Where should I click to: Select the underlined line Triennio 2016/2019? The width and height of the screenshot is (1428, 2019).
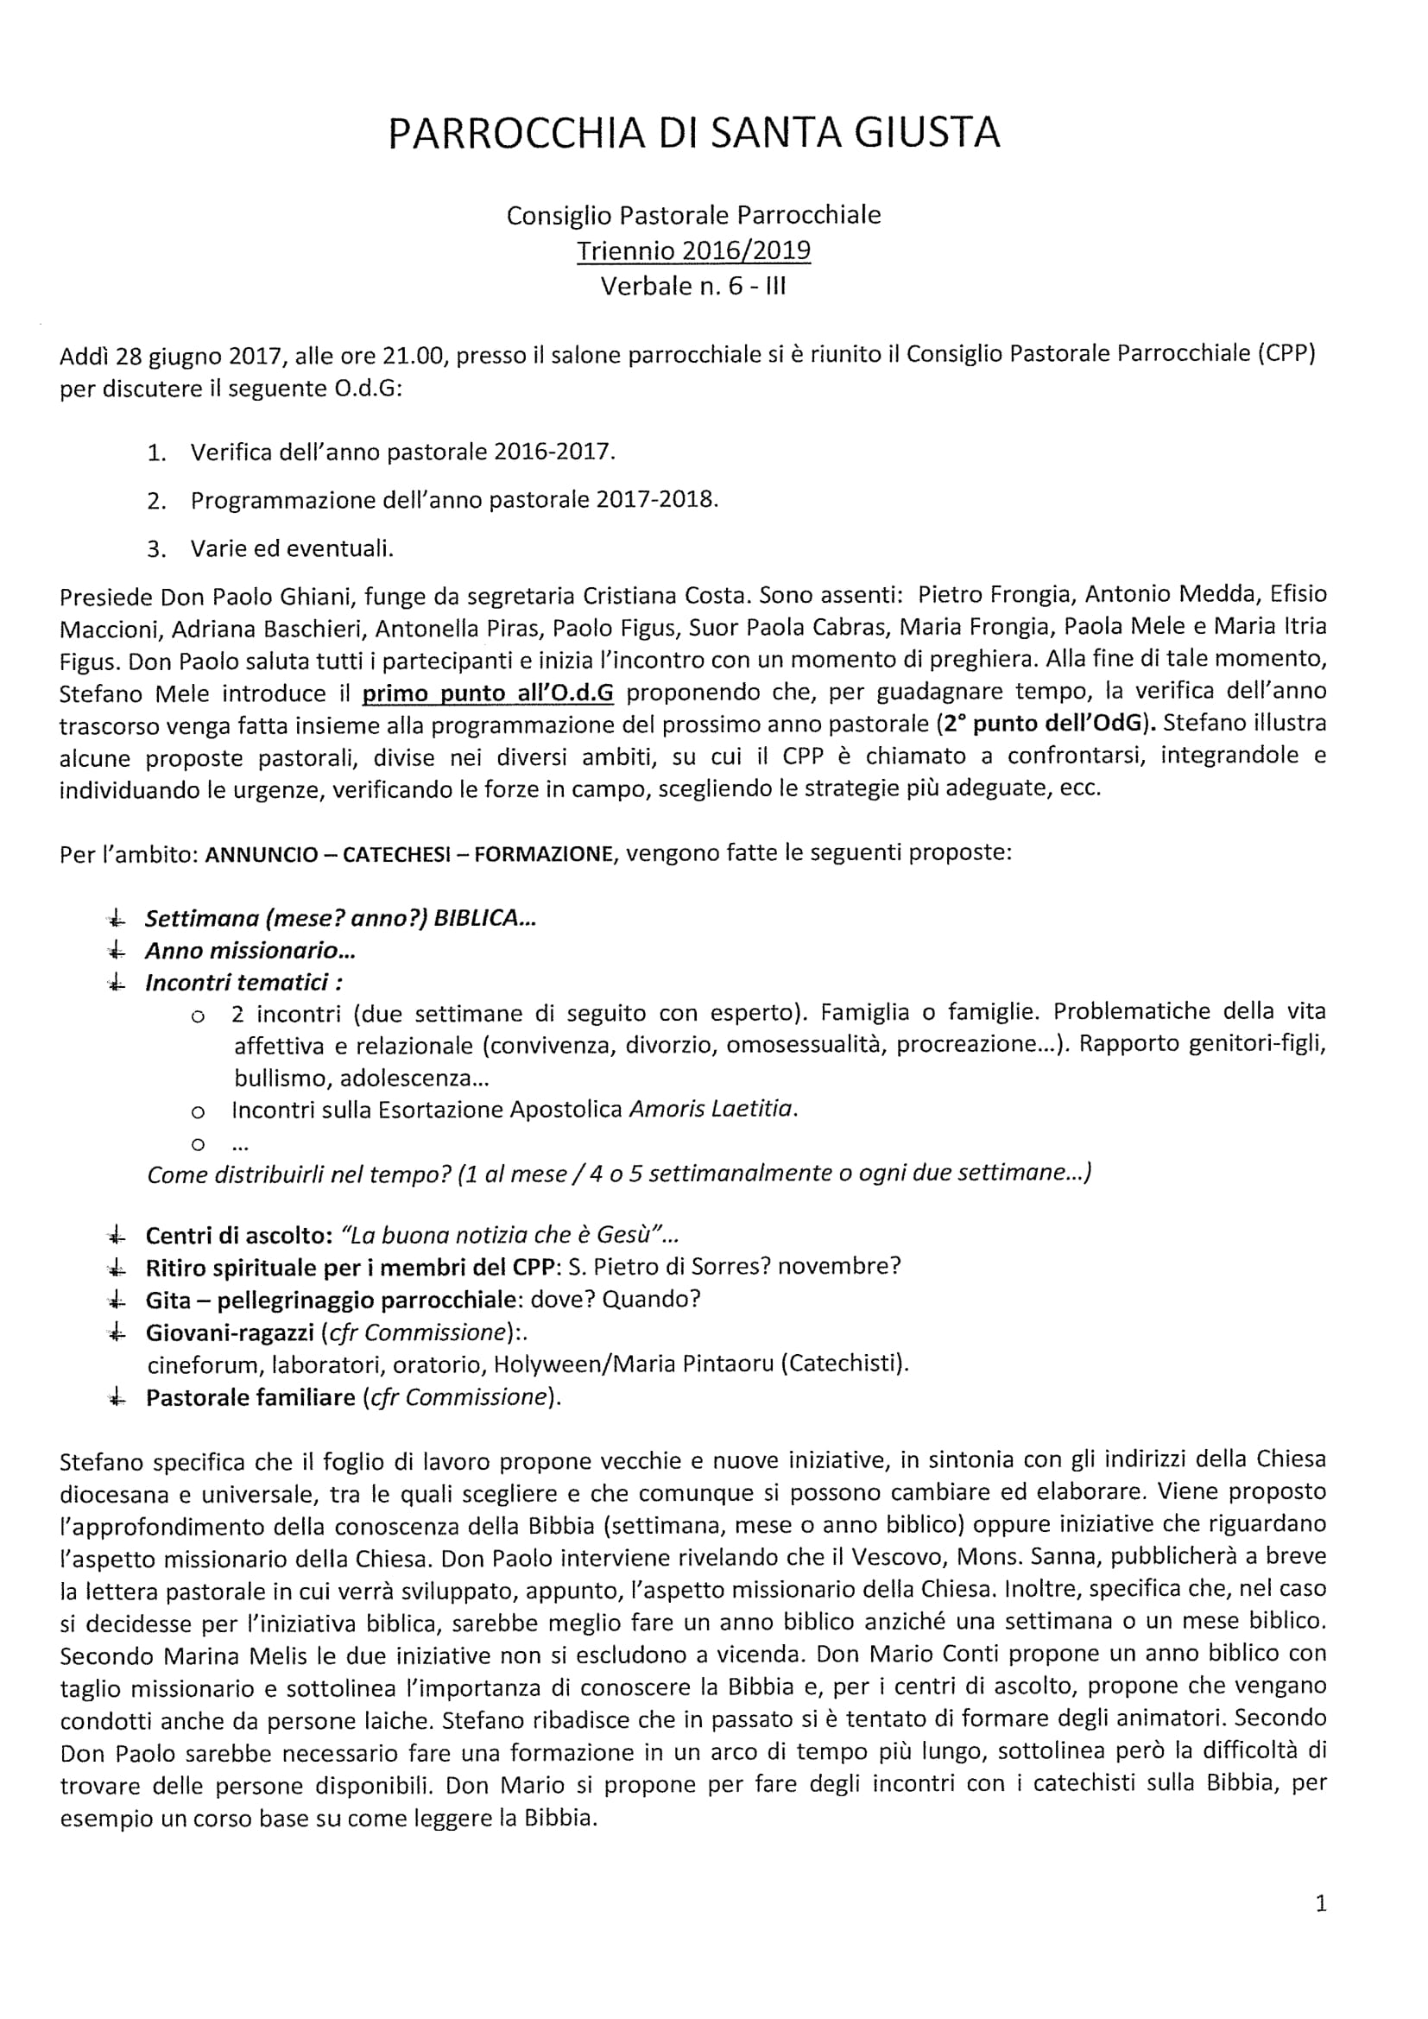pos(693,250)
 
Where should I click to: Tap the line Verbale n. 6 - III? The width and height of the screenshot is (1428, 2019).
pos(693,286)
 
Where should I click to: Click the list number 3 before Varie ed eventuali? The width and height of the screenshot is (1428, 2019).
pos(156,549)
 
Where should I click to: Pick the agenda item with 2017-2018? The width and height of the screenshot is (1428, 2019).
pos(454,500)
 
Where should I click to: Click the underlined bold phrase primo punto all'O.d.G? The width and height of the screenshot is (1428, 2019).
pos(488,693)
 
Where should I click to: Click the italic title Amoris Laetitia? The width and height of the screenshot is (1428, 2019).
pos(712,1109)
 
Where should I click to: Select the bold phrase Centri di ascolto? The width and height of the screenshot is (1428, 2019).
pos(237,1236)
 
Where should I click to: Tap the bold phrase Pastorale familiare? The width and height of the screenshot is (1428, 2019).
pos(250,1397)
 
